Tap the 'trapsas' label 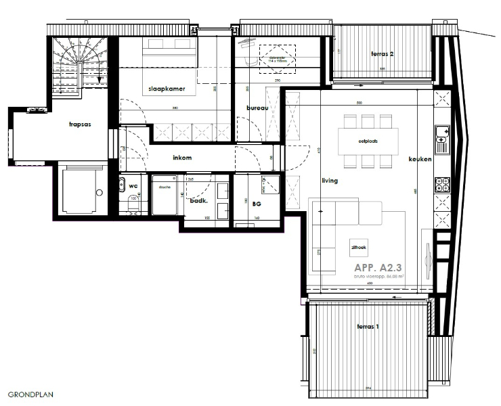coord(80,125)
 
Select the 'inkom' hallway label coord(182,158)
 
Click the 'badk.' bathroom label coord(198,201)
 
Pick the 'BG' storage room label coord(257,202)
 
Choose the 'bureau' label coord(257,108)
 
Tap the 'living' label coord(329,181)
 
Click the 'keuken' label coord(420,160)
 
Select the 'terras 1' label coord(368,327)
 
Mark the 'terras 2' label coord(383,53)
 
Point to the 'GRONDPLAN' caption coord(30,393)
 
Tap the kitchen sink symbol coord(442,138)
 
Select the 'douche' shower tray coord(163,197)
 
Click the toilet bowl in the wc coord(132,203)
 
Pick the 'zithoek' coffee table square coord(358,248)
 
